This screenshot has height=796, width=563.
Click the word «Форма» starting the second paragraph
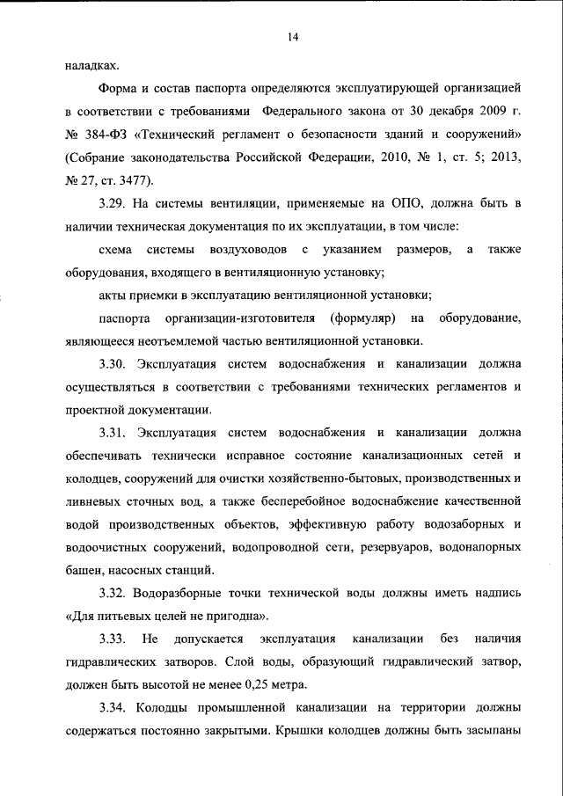tap(118, 89)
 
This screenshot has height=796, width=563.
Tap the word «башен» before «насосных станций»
tap(85, 569)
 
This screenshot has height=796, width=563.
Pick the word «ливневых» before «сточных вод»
tap(92, 500)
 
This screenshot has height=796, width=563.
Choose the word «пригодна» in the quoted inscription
tap(237, 615)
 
